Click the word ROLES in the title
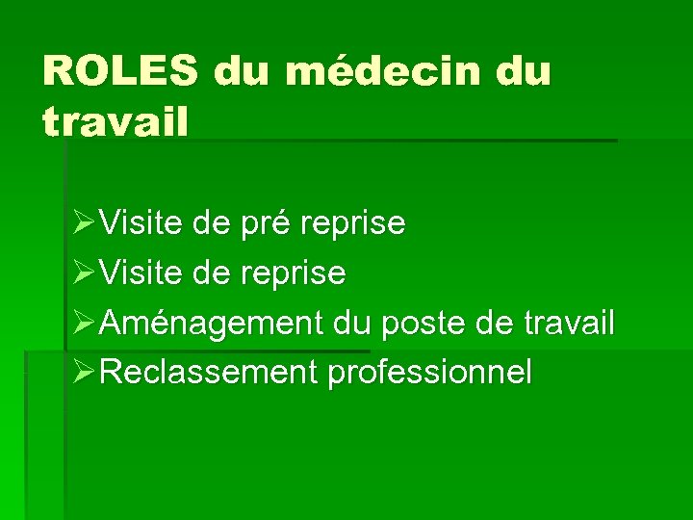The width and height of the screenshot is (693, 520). tap(119, 71)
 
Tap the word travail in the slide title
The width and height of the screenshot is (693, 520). tap(115, 122)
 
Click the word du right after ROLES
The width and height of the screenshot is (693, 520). tap(241, 71)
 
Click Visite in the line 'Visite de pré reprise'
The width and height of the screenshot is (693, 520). tap(141, 224)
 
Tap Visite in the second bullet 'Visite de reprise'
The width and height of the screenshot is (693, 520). tap(141, 273)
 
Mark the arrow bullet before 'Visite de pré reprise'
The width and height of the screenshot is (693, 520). tap(83, 224)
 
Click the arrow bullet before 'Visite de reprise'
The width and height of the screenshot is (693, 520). tap(83, 273)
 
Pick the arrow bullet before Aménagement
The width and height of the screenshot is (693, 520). tap(83, 324)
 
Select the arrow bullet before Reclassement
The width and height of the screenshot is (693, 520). tap(83, 373)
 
